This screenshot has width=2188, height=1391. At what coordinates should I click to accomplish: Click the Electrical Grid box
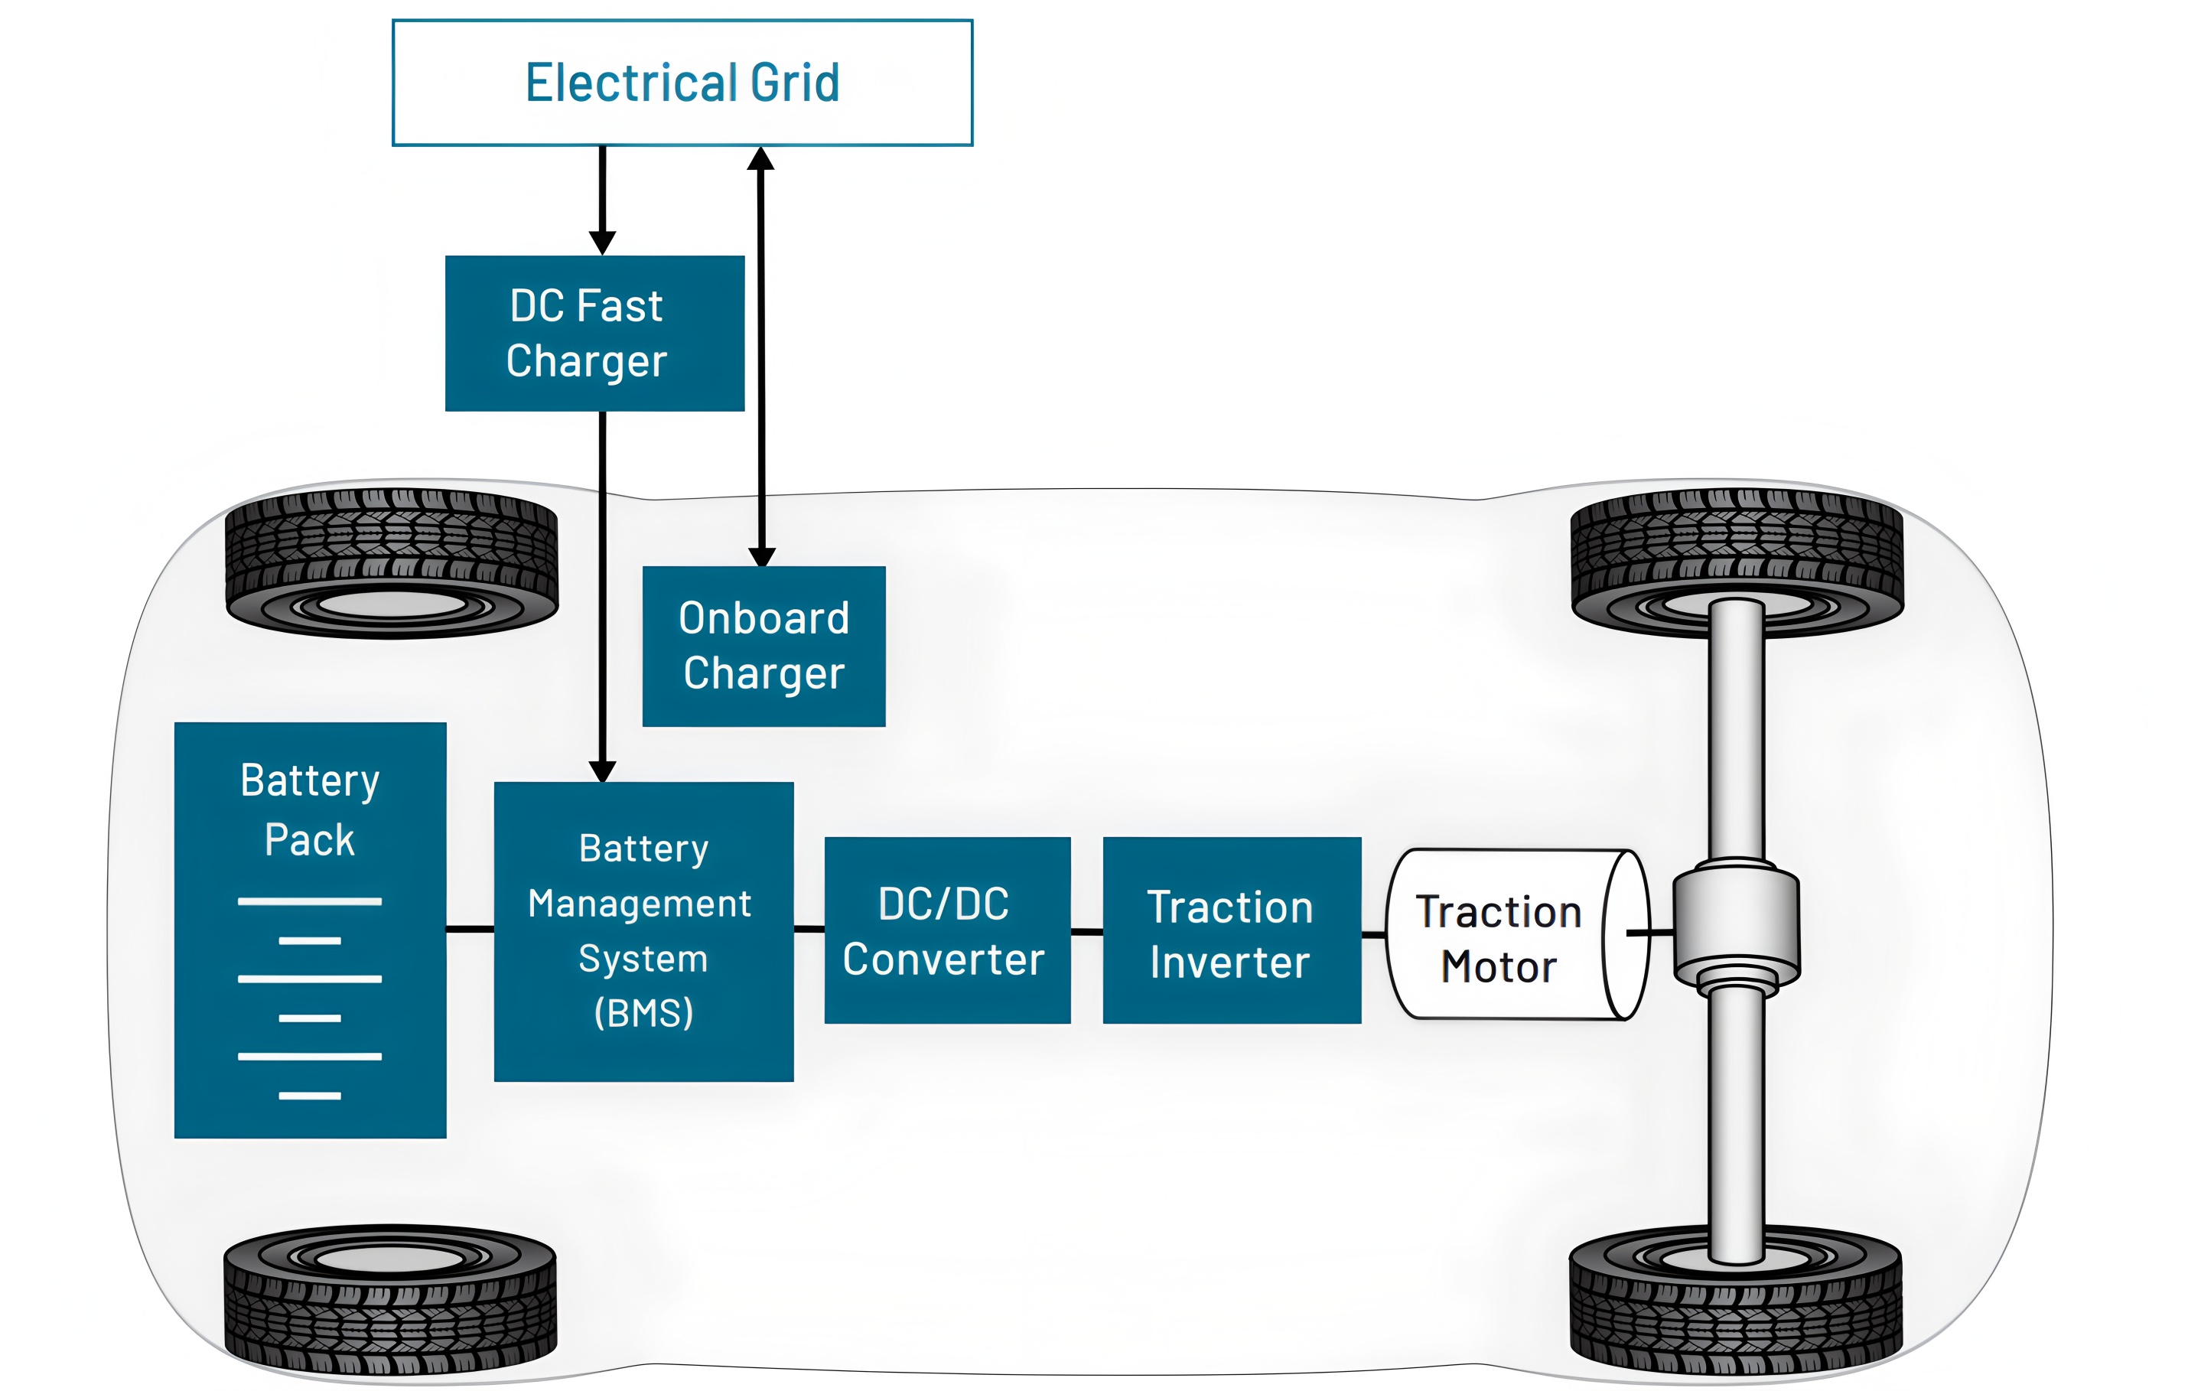point(682,83)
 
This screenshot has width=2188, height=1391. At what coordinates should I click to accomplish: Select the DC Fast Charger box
point(594,334)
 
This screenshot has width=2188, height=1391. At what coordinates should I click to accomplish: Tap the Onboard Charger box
point(764,646)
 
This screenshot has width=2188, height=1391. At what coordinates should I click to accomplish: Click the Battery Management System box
point(643,931)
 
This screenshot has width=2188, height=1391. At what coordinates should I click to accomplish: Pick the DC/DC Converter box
point(947,930)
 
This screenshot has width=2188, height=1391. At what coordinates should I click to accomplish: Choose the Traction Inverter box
point(1231,930)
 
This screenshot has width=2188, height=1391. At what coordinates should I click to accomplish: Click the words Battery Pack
point(310,810)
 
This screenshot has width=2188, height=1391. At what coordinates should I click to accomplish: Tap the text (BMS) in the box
point(643,1013)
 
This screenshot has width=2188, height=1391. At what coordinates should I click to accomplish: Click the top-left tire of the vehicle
point(392,563)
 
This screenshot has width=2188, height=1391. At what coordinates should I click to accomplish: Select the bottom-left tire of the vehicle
point(390,1299)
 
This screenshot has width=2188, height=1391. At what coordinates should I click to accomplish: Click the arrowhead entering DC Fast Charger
point(602,243)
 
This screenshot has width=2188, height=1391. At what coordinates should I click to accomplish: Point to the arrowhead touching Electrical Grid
point(760,159)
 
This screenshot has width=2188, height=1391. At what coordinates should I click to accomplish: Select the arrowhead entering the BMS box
point(602,770)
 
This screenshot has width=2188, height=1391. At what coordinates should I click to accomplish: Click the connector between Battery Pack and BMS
point(470,930)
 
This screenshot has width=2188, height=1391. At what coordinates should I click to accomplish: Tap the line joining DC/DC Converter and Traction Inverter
point(1086,931)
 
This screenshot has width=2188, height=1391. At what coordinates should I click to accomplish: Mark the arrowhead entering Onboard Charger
point(761,556)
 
